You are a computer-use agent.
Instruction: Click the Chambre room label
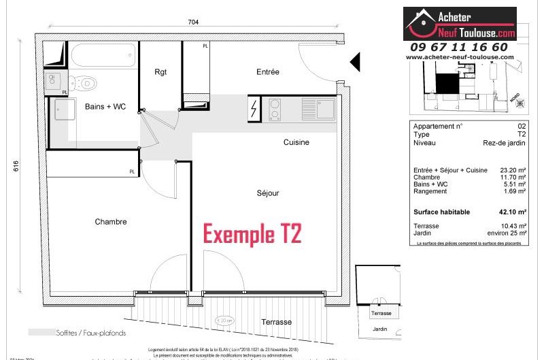111,222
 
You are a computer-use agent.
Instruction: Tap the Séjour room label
267,193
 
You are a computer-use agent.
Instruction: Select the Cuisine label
296,142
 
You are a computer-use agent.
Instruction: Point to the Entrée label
268,72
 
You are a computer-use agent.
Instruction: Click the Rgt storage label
160,72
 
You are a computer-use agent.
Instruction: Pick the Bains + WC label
105,107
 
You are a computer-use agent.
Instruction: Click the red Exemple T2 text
252,234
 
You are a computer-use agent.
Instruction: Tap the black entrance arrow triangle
354,63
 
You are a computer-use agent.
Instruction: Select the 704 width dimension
193,22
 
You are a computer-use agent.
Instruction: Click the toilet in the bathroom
84,83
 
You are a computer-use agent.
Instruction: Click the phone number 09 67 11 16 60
458,47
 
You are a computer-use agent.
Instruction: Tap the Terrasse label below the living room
277,322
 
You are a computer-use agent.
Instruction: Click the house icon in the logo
422,24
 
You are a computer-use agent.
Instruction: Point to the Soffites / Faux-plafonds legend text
96,333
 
